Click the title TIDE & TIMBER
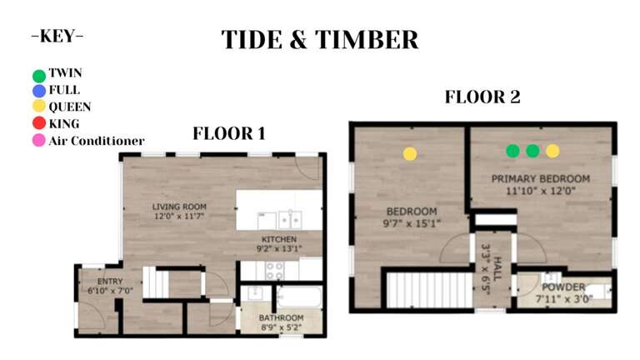point(320,39)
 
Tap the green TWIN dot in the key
point(39,74)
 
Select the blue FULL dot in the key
point(39,90)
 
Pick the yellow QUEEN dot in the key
point(39,107)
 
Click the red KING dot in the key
point(39,124)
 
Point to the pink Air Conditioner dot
point(39,141)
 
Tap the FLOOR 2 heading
point(482,97)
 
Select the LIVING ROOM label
point(179,207)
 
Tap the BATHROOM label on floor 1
point(281,318)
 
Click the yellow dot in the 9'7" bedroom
point(410,153)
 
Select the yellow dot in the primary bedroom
point(552,151)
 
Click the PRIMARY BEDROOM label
point(540,179)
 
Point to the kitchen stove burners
point(274,269)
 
